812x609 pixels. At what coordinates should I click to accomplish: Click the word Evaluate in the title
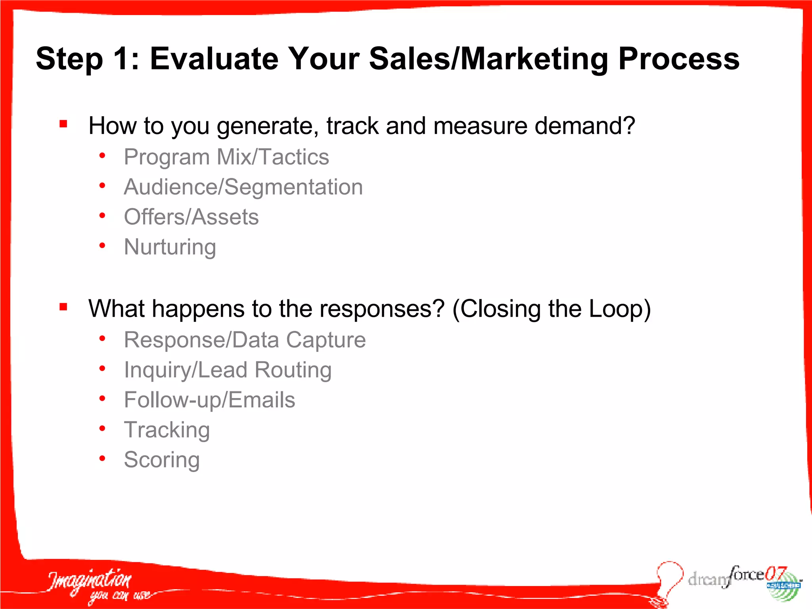[x=214, y=59]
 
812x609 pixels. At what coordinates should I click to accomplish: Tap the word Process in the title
[x=679, y=59]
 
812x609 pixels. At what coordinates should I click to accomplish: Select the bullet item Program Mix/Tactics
[x=226, y=157]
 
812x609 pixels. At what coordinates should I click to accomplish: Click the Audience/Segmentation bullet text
[x=243, y=187]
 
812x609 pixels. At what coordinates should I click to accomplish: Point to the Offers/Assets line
[x=191, y=217]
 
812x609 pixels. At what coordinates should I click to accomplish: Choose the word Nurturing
[x=170, y=247]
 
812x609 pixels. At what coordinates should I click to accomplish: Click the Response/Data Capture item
[x=245, y=340]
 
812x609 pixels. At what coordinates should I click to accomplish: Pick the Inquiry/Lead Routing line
[x=228, y=370]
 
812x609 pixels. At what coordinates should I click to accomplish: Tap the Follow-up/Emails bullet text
[x=209, y=400]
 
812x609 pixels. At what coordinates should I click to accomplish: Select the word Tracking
[x=167, y=430]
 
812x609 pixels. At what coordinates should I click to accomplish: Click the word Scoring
[x=162, y=460]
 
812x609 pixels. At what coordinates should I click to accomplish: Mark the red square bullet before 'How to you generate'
[x=63, y=124]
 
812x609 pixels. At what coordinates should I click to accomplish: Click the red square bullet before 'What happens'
[x=63, y=307]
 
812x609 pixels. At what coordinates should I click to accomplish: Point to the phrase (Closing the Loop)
[x=552, y=309]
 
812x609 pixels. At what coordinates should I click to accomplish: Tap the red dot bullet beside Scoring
[x=102, y=459]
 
